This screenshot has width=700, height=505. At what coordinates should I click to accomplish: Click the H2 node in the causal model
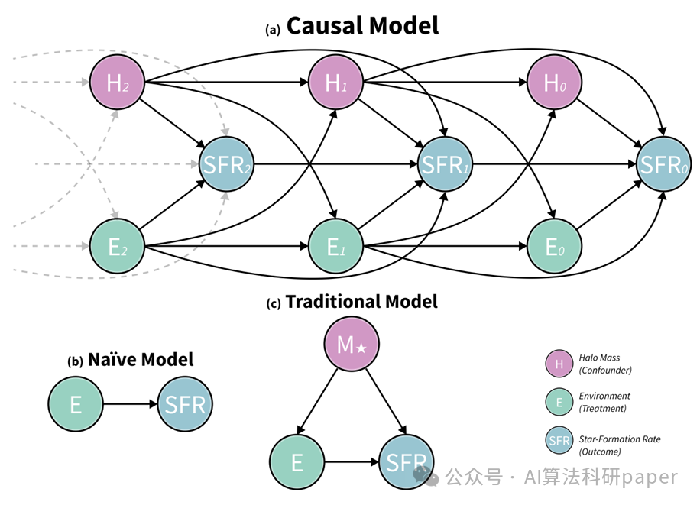pos(117,83)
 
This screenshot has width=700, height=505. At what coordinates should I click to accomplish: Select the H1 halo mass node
pos(335,83)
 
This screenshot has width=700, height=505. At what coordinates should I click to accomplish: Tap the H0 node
pos(554,83)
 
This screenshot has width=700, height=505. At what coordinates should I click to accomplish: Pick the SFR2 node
pos(226,164)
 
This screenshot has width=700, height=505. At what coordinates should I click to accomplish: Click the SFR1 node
pos(445,164)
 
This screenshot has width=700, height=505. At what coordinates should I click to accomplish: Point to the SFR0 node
pos(663,164)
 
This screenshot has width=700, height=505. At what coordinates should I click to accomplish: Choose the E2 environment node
pos(117,246)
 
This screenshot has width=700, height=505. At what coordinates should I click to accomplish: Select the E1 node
pos(335,246)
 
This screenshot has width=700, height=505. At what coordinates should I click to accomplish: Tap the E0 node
pos(554,246)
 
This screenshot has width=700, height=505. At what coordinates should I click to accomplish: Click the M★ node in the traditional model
pos(352,345)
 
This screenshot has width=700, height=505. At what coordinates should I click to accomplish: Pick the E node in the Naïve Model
pos(76,404)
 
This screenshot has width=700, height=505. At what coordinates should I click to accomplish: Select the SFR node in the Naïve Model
pos(185,404)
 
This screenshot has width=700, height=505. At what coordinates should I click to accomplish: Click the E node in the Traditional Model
pos(297,461)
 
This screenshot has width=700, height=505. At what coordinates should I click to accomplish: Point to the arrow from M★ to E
pos(317,401)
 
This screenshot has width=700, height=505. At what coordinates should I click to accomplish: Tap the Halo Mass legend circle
pos(559,364)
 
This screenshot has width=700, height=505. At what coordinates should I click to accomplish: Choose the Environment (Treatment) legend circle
pos(559,402)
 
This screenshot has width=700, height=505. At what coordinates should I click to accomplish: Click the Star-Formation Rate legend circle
pos(559,440)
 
